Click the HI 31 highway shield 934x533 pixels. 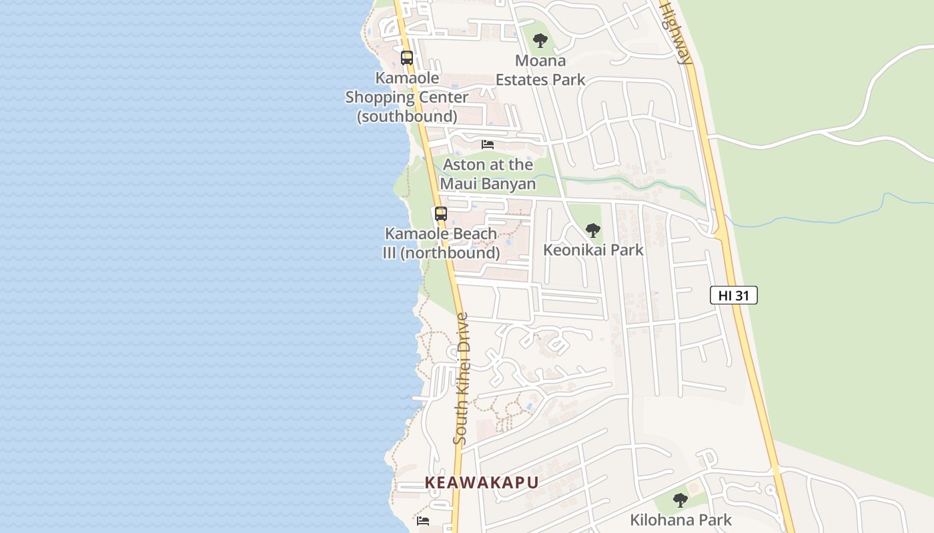click(734, 295)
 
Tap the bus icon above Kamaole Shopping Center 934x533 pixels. click(407, 58)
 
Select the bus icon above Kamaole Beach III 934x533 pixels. click(440, 214)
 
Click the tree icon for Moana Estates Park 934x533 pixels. click(540, 41)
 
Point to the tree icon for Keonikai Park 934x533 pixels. click(592, 231)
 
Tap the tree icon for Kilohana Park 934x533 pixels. click(680, 500)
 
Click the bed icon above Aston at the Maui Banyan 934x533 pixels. click(488, 144)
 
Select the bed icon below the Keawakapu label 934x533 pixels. click(423, 520)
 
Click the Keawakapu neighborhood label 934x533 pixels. click(482, 483)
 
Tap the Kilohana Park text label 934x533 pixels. click(680, 520)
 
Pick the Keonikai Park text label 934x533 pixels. click(593, 250)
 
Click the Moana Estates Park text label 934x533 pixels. click(540, 70)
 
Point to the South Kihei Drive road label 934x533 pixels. click(461, 378)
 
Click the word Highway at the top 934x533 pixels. click(675, 33)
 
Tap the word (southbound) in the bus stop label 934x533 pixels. click(407, 117)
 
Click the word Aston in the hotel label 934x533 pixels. click(464, 165)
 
